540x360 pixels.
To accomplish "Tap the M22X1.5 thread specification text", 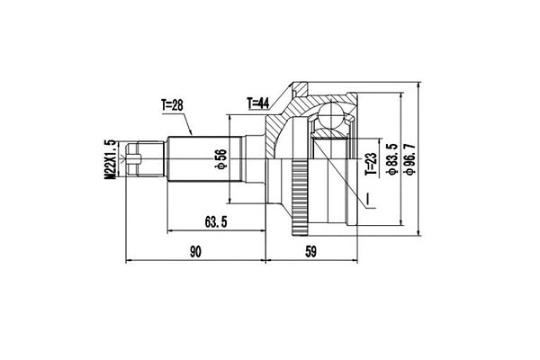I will click(110, 161).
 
